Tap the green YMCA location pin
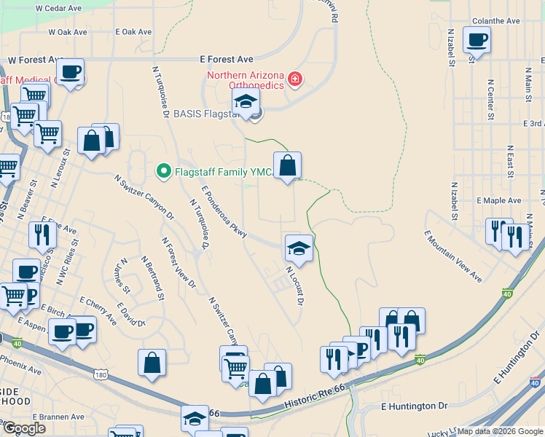point(164,172)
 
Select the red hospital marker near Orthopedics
point(294,79)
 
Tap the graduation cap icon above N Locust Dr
point(299,248)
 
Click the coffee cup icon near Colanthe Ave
point(477,40)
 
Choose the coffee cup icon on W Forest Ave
point(71,72)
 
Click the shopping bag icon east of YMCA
point(288,165)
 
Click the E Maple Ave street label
point(499,200)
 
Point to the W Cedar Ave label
point(55,7)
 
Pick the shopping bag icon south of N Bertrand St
point(152,363)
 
